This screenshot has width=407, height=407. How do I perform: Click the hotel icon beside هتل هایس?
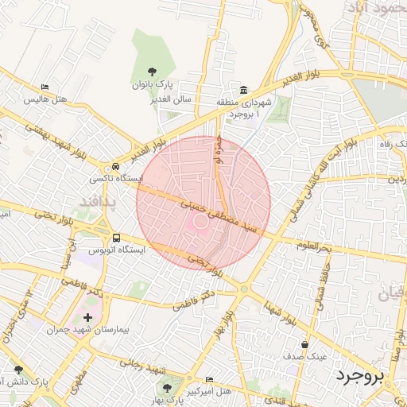point(45,87)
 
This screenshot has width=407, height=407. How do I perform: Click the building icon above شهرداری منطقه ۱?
point(243,89)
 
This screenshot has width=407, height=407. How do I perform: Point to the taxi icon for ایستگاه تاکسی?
point(117,167)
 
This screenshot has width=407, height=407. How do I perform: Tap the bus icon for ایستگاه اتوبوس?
point(117,237)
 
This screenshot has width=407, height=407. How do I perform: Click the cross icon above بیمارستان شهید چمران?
point(87,318)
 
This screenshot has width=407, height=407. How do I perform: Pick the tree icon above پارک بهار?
point(167,387)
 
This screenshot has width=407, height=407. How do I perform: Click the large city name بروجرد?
point(359,374)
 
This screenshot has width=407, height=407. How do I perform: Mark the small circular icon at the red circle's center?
point(202,222)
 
